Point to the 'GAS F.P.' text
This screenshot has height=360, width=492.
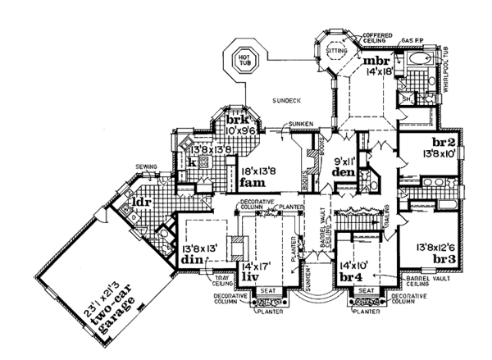click(412, 39)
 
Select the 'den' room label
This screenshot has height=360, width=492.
click(344, 172)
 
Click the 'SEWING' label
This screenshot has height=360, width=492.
click(146, 164)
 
